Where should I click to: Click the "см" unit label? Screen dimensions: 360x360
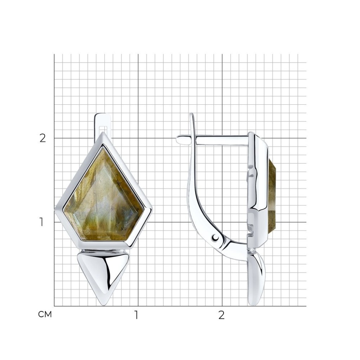pyautogui.click(x=45, y=315)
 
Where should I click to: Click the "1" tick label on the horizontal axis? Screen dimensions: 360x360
pyautogui.click(x=136, y=315)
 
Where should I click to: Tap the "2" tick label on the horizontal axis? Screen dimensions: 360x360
pyautogui.click(x=221, y=315)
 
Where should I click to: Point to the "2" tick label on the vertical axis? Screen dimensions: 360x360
pyautogui.click(x=43, y=138)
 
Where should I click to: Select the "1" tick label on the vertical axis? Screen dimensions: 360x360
pyautogui.click(x=41, y=222)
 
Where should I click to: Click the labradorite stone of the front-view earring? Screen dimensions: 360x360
pyautogui.click(x=103, y=198)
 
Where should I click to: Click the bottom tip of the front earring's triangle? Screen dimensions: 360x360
pyautogui.click(x=103, y=305)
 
